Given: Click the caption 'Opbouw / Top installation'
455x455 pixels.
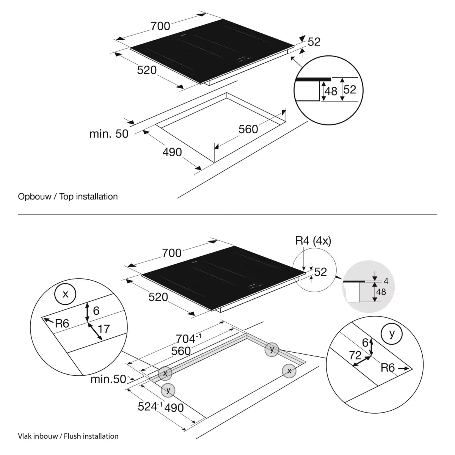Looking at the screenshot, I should pos(68,196).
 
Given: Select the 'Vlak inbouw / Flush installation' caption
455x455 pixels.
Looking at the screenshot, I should pos(68,436).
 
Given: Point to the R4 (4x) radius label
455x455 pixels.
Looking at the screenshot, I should pos(313,241).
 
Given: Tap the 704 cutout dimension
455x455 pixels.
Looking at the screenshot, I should pos(188,338).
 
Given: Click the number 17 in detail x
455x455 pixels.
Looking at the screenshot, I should pos(104,328).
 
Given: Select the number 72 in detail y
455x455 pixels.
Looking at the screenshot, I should pos(355,355).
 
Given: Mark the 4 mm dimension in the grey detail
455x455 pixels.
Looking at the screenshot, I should pos(386,281).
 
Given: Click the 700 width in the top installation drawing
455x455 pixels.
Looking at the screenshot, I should pos(160,26).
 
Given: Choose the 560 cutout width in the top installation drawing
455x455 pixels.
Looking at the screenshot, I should pos(248,129).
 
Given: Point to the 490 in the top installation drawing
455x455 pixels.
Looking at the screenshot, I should pos(172,152).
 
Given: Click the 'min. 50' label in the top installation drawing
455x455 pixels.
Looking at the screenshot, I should pos(109,133).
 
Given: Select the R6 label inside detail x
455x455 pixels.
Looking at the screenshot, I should pos(62,323).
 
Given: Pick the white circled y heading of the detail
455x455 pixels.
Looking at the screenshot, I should pos(392,333).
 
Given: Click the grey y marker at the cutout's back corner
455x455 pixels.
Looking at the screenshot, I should pos(271,349).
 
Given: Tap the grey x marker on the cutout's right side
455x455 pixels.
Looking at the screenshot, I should pos(289,371).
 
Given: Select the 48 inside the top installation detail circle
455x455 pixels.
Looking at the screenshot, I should pos(331,91).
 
